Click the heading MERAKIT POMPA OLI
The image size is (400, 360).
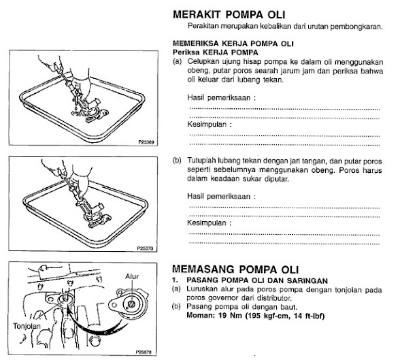229,14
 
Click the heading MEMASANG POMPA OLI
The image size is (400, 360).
235,269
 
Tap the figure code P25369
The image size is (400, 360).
146,142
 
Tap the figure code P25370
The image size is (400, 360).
145,248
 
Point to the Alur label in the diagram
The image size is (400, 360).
132,276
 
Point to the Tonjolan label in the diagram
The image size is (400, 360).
27,326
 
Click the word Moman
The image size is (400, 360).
201,316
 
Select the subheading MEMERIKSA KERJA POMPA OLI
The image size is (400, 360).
233,44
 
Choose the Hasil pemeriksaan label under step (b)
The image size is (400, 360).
221,197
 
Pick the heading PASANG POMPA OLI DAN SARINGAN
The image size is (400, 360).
257,280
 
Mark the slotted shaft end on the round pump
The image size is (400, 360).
131,304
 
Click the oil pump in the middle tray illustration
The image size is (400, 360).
94,214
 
